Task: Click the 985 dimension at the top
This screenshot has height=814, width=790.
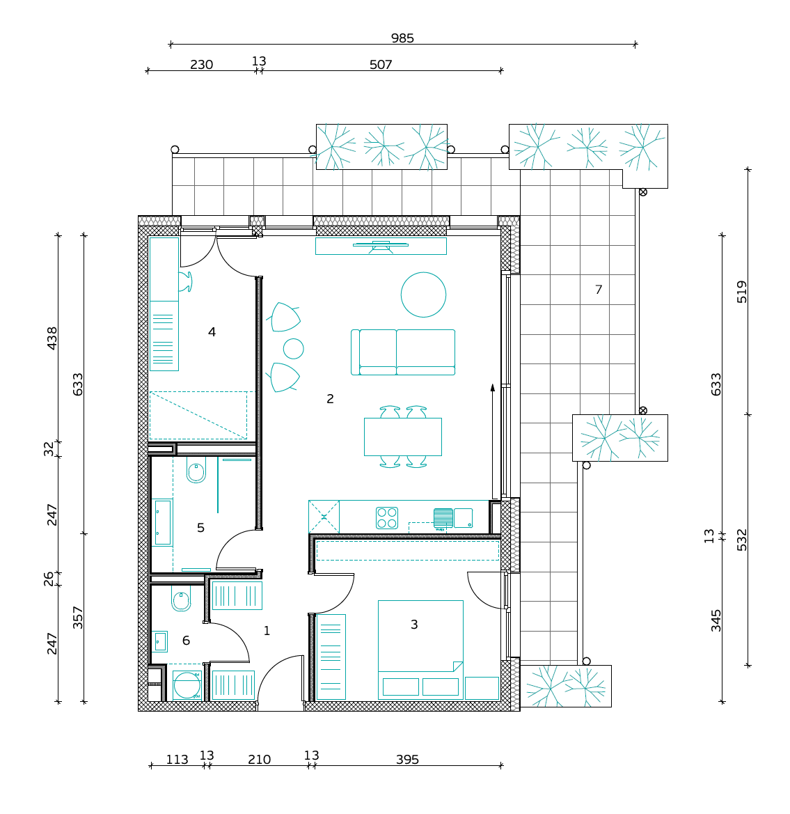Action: [x=402, y=38]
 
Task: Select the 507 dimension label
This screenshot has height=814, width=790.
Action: [x=381, y=65]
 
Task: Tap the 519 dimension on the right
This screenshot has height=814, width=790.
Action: [x=742, y=292]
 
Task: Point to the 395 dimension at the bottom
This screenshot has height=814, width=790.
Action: [x=407, y=760]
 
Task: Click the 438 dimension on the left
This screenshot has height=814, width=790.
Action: [x=52, y=338]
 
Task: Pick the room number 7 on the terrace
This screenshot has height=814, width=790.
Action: [x=599, y=290]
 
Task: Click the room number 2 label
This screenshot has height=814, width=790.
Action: [x=330, y=399]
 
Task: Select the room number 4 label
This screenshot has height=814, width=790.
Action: [x=212, y=331]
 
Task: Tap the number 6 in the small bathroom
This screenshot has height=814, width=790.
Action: [x=186, y=641]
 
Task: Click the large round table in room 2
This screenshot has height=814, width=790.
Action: [x=424, y=295]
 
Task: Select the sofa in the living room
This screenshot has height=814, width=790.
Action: [x=403, y=352]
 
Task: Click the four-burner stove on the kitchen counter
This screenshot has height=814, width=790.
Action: [x=387, y=517]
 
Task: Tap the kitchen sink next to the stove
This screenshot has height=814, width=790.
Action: [x=453, y=518]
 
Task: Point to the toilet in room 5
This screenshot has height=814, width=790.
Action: [x=196, y=470]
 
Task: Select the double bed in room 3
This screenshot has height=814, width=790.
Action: [x=420, y=650]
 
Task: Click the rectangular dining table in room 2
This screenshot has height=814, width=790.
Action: [x=403, y=437]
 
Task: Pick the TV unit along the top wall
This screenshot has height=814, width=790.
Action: [x=381, y=246]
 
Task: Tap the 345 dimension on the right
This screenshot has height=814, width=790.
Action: [x=716, y=621]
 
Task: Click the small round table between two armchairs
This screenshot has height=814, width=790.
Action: [x=293, y=349]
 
